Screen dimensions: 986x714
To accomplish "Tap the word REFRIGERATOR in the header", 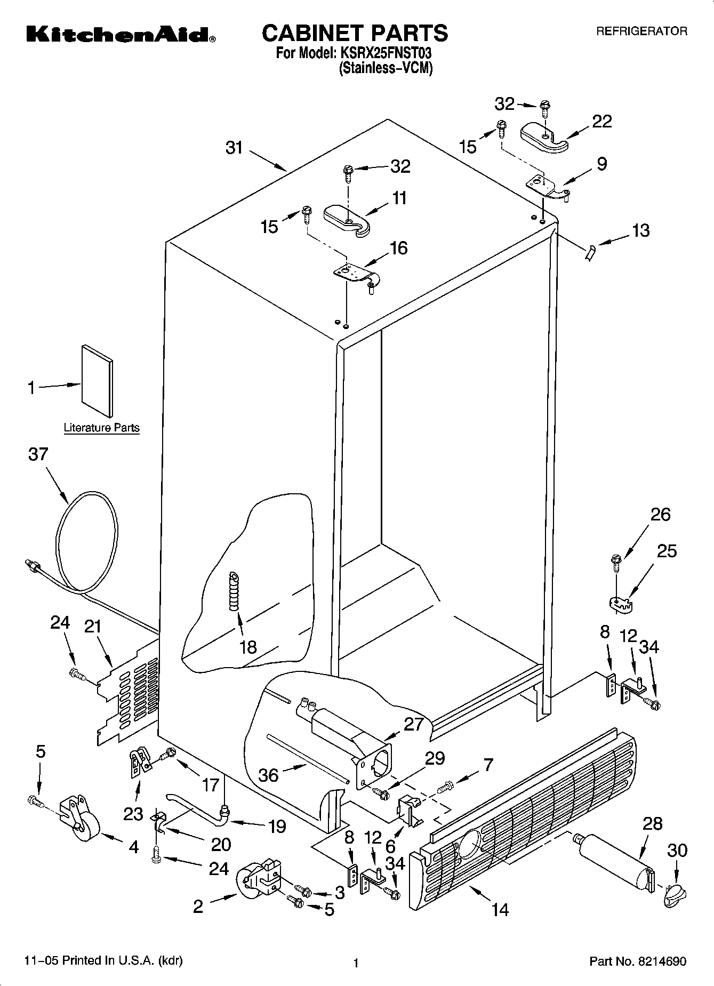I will [x=641, y=31].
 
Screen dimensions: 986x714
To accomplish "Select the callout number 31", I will [x=234, y=148].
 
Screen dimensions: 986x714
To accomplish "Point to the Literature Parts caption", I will [x=101, y=428].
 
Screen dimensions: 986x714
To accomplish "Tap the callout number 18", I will [x=248, y=647].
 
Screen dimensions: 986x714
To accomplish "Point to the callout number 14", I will [x=500, y=909].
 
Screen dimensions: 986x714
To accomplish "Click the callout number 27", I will [x=413, y=724].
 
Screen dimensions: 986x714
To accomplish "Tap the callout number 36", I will [x=268, y=775].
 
